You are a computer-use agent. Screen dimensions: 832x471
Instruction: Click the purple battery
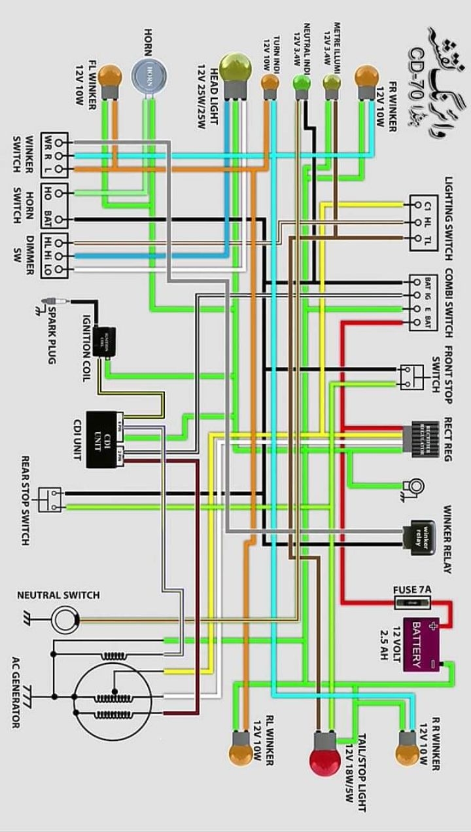(x=421, y=643)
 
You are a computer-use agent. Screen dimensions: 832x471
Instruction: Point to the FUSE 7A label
(x=412, y=589)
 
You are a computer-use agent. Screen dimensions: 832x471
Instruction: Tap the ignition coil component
(x=104, y=340)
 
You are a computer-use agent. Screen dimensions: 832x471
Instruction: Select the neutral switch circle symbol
(x=65, y=619)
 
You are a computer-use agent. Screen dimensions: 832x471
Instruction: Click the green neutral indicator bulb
(x=301, y=82)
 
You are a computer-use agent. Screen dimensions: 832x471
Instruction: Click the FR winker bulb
(x=366, y=77)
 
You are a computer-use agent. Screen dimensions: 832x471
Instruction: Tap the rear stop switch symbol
(x=50, y=499)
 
